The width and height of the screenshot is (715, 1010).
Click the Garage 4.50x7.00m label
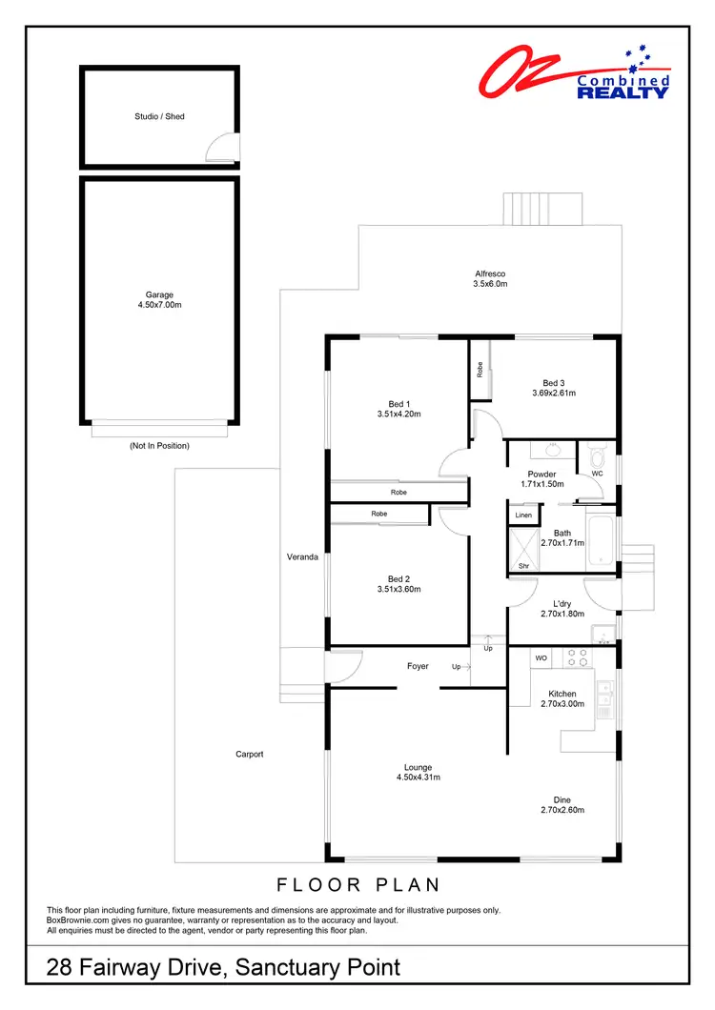[159, 300]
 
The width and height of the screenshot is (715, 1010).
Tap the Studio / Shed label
[159, 116]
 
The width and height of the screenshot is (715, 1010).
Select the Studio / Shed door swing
[225, 147]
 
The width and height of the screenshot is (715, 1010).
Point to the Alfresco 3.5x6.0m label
[490, 278]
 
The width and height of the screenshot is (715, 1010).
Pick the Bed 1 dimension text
[399, 414]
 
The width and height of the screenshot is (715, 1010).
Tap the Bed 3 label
[554, 383]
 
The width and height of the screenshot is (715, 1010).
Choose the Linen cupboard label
[523, 515]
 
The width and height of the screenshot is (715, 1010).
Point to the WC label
[598, 473]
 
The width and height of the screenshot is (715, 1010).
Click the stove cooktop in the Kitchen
[576, 656]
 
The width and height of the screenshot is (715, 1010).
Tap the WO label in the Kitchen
[541, 657]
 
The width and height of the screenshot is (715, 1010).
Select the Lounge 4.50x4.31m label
[418, 772]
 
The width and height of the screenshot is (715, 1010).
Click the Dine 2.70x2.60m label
[562, 805]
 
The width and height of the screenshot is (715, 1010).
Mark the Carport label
[250, 754]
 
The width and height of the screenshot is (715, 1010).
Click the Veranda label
[302, 556]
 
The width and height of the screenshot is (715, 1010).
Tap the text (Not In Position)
[159, 446]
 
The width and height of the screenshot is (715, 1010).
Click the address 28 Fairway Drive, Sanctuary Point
[224, 968]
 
